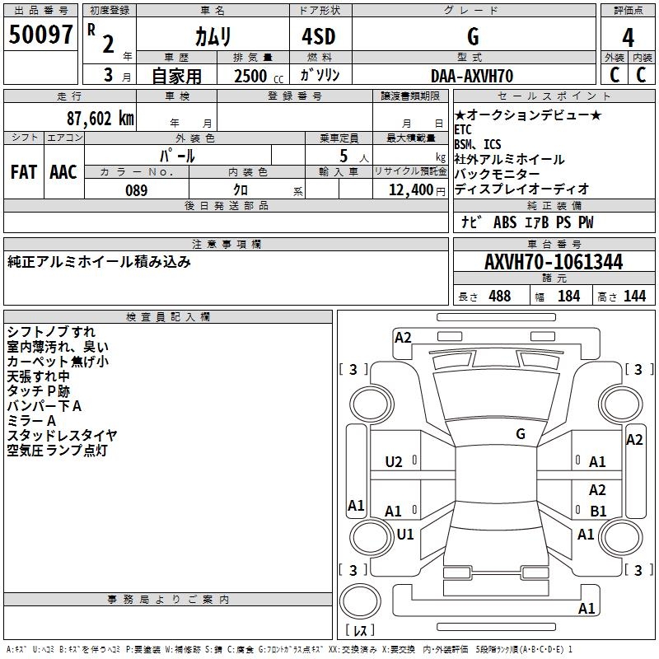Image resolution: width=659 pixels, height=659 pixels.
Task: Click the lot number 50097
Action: (40, 35)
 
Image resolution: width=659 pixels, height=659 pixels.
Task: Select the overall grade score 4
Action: (628, 37)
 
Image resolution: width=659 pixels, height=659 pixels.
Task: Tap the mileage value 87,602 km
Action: (100, 118)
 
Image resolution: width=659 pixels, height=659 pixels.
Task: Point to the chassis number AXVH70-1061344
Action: (554, 262)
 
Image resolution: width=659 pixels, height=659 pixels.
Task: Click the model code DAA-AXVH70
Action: (472, 76)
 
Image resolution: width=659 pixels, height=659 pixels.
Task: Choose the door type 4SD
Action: (319, 36)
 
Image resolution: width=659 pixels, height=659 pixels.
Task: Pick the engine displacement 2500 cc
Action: (259, 76)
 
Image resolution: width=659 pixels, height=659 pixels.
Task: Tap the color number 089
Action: (137, 190)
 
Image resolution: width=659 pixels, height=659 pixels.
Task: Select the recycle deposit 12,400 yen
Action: (417, 190)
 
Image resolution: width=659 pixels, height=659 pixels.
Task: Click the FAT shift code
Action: (24, 172)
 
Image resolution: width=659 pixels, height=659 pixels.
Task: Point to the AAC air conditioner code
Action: (63, 172)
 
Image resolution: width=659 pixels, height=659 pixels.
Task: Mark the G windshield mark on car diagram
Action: (521, 433)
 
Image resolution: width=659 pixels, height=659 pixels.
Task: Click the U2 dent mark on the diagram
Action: (394, 462)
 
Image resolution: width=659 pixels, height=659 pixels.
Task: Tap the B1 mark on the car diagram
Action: (598, 511)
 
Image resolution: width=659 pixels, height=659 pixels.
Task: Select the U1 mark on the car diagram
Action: (405, 534)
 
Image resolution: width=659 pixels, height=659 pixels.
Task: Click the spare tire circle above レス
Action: (360, 601)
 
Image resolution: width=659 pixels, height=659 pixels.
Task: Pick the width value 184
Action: (568, 296)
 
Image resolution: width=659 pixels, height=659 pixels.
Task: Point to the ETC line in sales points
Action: (463, 129)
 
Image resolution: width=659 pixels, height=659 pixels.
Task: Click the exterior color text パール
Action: (177, 156)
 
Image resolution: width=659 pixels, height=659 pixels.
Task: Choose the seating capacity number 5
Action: (344, 156)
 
